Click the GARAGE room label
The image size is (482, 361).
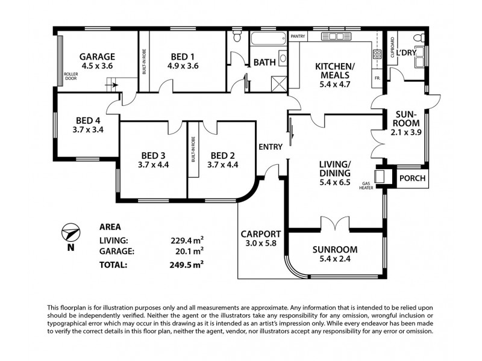[97, 57]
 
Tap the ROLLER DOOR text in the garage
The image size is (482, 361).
[71, 76]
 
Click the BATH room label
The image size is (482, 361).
[264, 62]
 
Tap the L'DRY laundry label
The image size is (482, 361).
[406, 53]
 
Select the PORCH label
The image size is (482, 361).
[413, 178]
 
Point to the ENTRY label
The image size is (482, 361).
[269, 147]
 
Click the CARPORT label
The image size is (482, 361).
[261, 234]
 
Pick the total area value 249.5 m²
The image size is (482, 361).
[187, 264]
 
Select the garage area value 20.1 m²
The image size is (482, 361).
[187, 251]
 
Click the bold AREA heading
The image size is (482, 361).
[110, 227]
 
